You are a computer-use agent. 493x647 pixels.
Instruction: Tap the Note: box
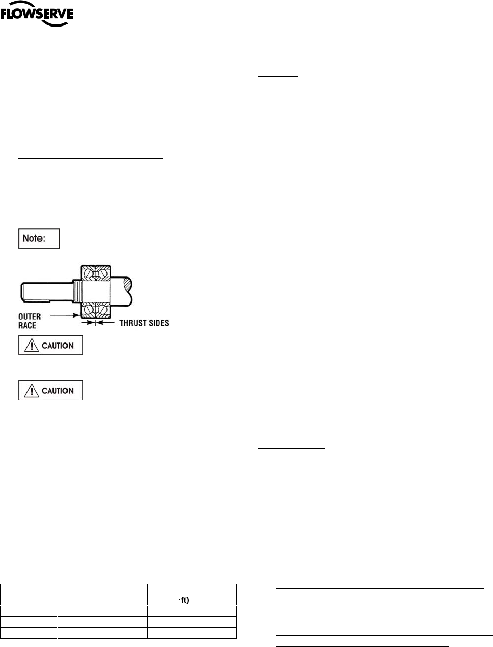[x=39, y=239]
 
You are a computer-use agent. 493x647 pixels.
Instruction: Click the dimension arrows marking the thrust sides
[x=94, y=323]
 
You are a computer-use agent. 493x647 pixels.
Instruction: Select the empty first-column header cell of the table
[x=29, y=595]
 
